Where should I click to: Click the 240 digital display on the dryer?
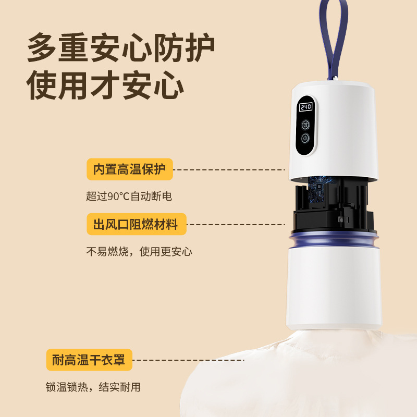point(305,107)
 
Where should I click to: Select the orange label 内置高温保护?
point(129,169)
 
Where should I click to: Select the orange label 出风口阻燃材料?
point(136,225)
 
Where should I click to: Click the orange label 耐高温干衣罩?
point(89,360)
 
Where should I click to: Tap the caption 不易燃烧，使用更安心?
point(139,252)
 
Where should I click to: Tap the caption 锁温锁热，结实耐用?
point(93,387)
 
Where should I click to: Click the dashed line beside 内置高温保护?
point(229,169)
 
